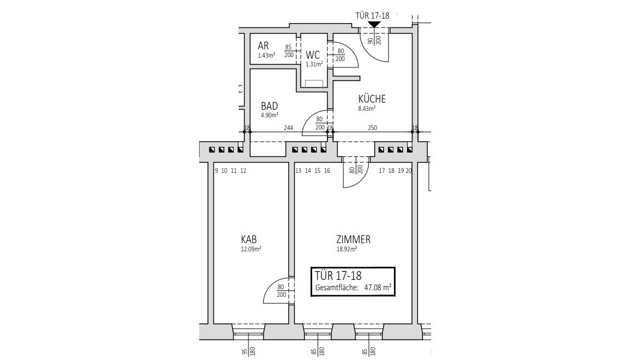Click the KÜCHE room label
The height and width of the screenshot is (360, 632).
tap(372, 99)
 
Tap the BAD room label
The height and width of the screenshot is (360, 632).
tap(269, 106)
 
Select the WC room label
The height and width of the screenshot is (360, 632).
tap(313, 55)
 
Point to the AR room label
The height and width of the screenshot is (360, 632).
tap(263, 46)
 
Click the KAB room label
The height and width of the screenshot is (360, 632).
tap(249, 239)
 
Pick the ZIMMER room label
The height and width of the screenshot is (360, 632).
tap(353, 239)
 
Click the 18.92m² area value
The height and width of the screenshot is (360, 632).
tap(347, 249)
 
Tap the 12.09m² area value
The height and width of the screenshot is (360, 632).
tap(251, 249)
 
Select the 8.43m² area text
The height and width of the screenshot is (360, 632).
tap(367, 109)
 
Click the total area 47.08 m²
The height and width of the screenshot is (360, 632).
tap(378, 288)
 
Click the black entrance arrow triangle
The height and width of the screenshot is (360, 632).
tap(375, 25)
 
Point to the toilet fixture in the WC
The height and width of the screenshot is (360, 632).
tap(314, 83)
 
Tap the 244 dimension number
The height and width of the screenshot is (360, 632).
tap(289, 128)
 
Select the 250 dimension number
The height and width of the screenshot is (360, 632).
tap(373, 128)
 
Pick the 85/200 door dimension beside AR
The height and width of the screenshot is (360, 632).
tap(289, 51)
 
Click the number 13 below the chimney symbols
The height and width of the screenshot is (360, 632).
tap(298, 171)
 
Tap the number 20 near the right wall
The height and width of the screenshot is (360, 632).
tap(409, 171)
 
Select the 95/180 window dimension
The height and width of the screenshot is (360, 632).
tap(248, 352)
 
